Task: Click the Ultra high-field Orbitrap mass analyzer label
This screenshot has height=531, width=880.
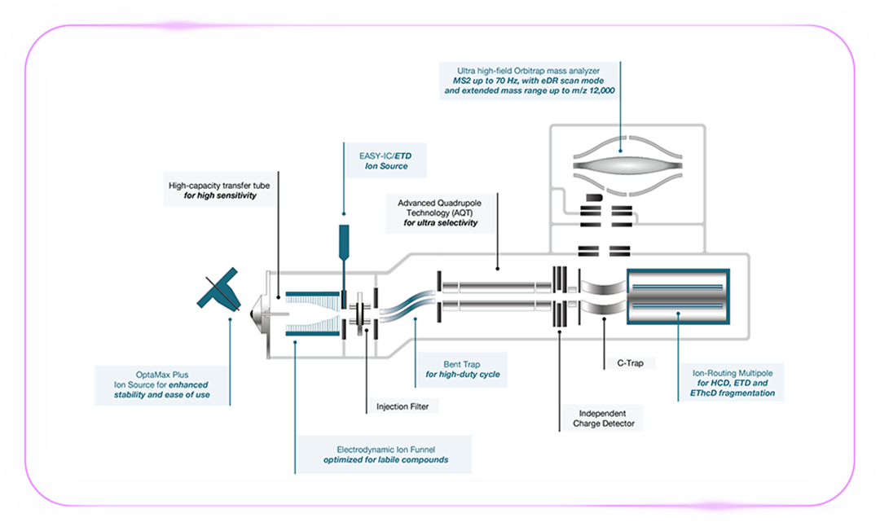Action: click(527, 80)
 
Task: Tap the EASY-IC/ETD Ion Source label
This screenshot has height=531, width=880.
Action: click(386, 160)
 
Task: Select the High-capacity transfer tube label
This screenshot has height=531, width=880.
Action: click(218, 191)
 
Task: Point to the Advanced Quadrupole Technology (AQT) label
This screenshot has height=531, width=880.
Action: click(440, 212)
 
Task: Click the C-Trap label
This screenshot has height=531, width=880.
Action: click(624, 363)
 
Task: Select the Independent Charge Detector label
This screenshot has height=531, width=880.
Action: click(603, 418)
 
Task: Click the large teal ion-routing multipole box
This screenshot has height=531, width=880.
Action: click(675, 295)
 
